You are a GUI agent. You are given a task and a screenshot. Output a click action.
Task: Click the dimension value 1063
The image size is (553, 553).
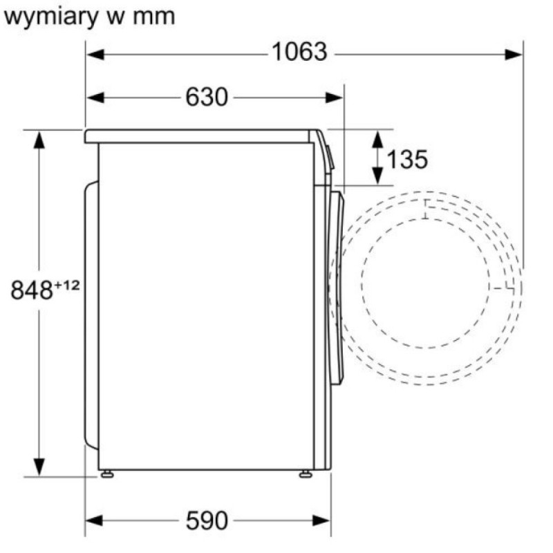pyautogui.click(x=299, y=53)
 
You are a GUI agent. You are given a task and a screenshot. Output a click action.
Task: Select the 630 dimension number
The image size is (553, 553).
pyautogui.click(x=207, y=97)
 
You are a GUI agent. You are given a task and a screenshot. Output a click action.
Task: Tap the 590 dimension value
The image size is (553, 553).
pyautogui.click(x=207, y=521)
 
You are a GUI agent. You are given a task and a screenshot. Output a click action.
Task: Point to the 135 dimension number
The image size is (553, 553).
pyautogui.click(x=407, y=159)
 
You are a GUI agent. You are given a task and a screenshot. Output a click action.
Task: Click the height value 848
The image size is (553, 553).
pyautogui.click(x=32, y=290)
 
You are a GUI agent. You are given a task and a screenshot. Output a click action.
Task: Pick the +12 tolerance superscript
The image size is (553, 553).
pyautogui.click(x=66, y=285)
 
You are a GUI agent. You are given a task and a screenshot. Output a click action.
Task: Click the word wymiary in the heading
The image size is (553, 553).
pyautogui.click(x=50, y=17)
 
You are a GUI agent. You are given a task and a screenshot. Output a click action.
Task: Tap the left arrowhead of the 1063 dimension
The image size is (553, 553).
pyautogui.click(x=95, y=55)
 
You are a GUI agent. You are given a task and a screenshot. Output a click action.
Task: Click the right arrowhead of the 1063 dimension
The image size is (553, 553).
pyautogui.click(x=514, y=55)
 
